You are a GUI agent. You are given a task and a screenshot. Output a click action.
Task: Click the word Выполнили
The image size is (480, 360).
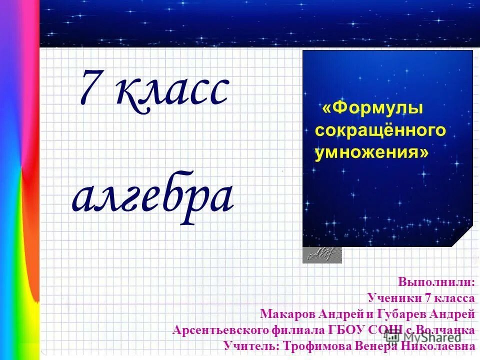point(436,281)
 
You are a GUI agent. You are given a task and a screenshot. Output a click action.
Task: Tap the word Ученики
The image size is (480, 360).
point(394,298)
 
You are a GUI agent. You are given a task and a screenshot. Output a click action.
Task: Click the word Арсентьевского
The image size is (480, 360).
point(220,330)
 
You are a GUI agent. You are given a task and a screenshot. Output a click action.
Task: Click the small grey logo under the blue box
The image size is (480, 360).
point(322,255)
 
